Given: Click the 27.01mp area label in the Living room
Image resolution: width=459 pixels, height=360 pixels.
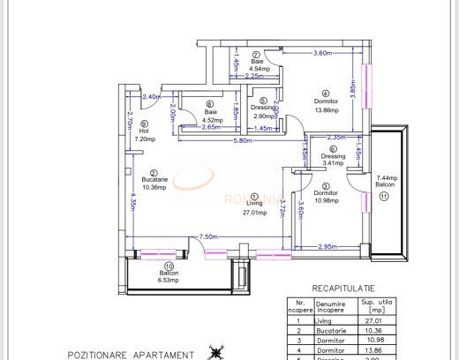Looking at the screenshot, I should tap(255, 212).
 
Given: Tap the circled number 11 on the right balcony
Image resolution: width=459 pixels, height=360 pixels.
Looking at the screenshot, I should tap(384, 198).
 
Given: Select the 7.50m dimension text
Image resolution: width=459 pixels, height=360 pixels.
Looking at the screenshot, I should tap(208, 236).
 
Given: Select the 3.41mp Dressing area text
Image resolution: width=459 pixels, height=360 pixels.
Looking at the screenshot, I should tap(334, 162).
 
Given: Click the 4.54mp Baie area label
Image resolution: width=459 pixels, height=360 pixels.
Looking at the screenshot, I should tap(259, 68).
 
